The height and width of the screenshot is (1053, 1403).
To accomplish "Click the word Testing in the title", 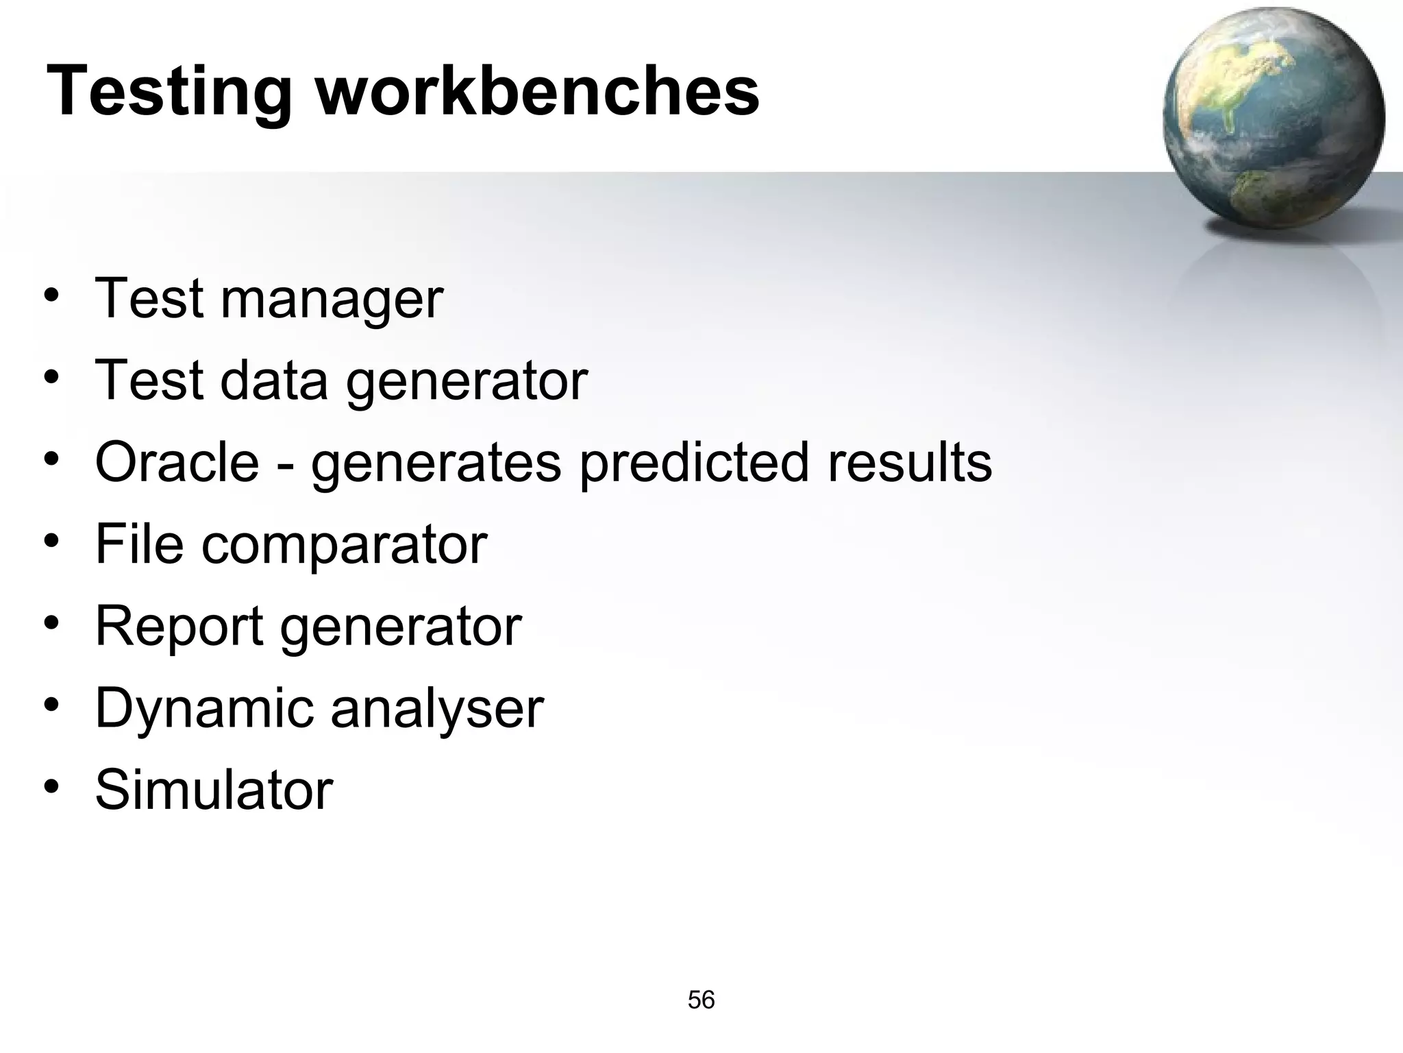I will coord(169,93).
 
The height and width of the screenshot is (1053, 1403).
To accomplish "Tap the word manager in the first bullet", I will coord(332,300).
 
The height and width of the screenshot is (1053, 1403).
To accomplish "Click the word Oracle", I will coord(177,462).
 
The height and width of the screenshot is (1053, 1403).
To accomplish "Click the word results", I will coord(910,462).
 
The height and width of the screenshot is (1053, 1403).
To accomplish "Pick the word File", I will coord(139,544).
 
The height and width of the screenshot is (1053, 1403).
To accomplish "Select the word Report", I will coord(179,627).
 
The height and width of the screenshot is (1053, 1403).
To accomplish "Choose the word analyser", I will coord(437,709).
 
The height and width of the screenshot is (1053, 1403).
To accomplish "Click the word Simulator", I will coord(214,790).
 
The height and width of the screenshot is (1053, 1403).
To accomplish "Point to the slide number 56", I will coord(701,1000).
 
